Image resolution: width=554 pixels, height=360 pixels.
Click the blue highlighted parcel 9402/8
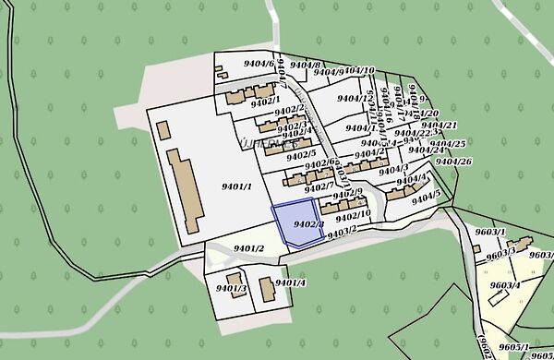295,224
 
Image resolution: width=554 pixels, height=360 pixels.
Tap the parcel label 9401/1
237,186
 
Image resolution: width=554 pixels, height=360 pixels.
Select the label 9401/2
249,248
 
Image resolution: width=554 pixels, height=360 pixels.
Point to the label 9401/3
231,290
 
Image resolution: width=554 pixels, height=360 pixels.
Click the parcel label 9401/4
290,282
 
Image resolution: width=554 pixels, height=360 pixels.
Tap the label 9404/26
453,162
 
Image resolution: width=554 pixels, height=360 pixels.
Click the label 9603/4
505,286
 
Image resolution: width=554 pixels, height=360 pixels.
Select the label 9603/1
490,233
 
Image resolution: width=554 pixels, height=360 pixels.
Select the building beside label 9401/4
267,290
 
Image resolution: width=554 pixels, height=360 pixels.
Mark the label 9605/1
514,347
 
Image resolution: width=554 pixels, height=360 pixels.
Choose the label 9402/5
301,153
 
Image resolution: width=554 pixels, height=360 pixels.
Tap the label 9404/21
440,126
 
